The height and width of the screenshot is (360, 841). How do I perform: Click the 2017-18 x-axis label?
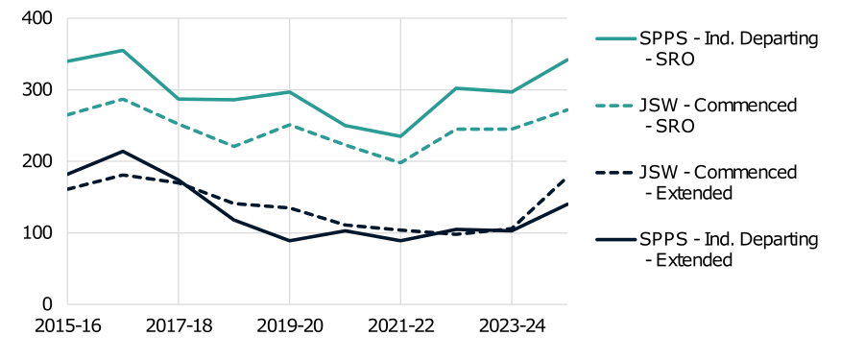(178, 326)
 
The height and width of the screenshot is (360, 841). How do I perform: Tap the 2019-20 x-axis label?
(289, 326)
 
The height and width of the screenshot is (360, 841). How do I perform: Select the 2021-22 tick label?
(400, 326)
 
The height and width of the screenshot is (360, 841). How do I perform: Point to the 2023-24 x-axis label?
(511, 326)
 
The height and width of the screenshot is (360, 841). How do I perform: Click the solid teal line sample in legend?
(615, 38)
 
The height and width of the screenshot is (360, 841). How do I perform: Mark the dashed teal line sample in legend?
(615, 106)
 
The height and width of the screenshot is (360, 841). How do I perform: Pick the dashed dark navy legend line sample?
(615, 173)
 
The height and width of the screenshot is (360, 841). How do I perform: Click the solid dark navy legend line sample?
(615, 239)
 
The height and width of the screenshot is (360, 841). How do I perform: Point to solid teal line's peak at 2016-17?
(123, 50)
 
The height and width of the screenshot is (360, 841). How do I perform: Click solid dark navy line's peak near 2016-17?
(123, 151)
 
